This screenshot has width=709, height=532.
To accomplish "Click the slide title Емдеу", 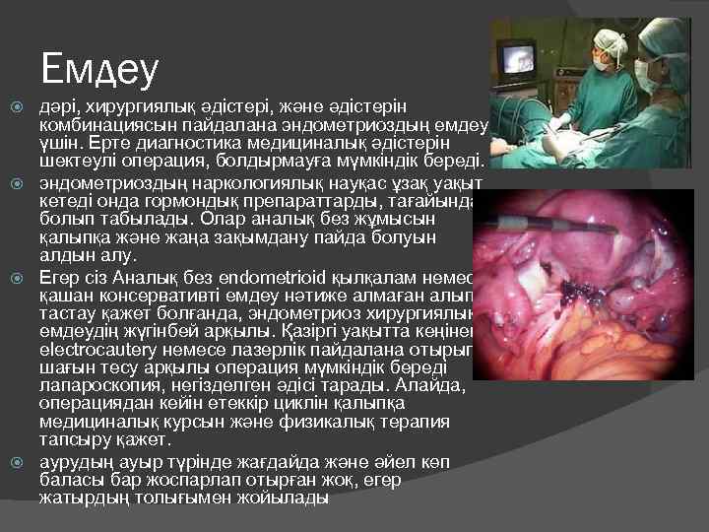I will coord(99,68).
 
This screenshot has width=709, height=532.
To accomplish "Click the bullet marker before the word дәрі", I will coord(15,105).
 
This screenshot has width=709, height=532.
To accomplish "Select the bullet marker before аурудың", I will coord(15,461).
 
